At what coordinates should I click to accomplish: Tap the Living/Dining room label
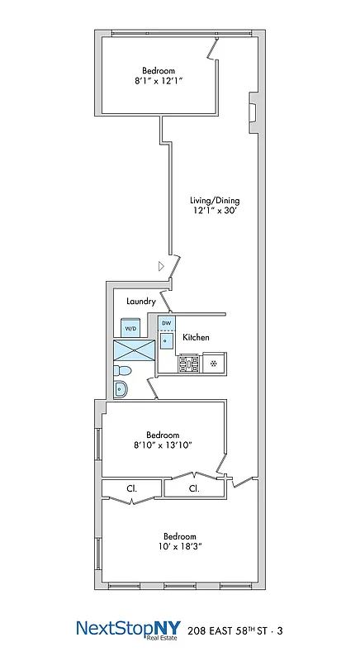point(215,201)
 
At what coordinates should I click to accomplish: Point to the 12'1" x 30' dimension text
point(215,212)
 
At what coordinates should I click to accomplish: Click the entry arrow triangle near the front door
point(163,266)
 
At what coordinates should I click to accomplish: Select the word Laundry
point(141,302)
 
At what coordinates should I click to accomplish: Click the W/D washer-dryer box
point(130,329)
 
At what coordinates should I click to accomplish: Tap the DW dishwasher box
point(167,323)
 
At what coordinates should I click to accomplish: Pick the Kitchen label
point(196,337)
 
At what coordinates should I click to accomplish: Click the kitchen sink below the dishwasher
point(167,340)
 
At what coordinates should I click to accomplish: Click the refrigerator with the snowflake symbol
point(215,362)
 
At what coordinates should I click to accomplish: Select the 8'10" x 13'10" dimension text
point(163,446)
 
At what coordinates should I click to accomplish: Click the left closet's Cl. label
point(131,488)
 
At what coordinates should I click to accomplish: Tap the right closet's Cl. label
point(194,488)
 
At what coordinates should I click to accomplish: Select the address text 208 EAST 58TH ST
point(234,630)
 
